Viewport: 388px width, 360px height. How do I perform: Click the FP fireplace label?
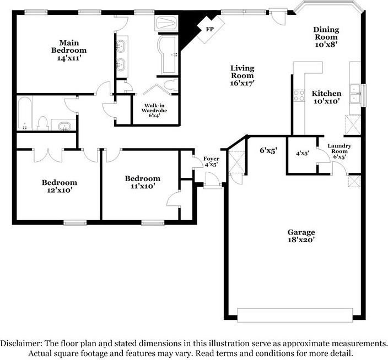[x=210, y=29]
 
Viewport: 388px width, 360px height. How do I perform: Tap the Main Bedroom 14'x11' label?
[x=69, y=50]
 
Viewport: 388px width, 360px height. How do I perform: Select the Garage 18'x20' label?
[x=301, y=236]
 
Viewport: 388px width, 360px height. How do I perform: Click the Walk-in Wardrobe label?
[x=155, y=110]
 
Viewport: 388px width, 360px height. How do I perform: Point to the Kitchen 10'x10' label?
[x=326, y=97]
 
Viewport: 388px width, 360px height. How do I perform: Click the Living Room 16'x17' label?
[x=242, y=75]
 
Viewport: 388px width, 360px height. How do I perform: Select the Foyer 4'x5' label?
[x=211, y=161]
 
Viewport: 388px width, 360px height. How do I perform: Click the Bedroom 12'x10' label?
[x=60, y=186]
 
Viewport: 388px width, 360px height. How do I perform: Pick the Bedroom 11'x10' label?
[x=142, y=182]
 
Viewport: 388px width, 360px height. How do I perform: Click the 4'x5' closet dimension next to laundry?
[x=303, y=154]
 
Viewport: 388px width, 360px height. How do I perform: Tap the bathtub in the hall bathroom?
[x=25, y=114]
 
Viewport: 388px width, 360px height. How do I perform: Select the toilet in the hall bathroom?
[x=42, y=123]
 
